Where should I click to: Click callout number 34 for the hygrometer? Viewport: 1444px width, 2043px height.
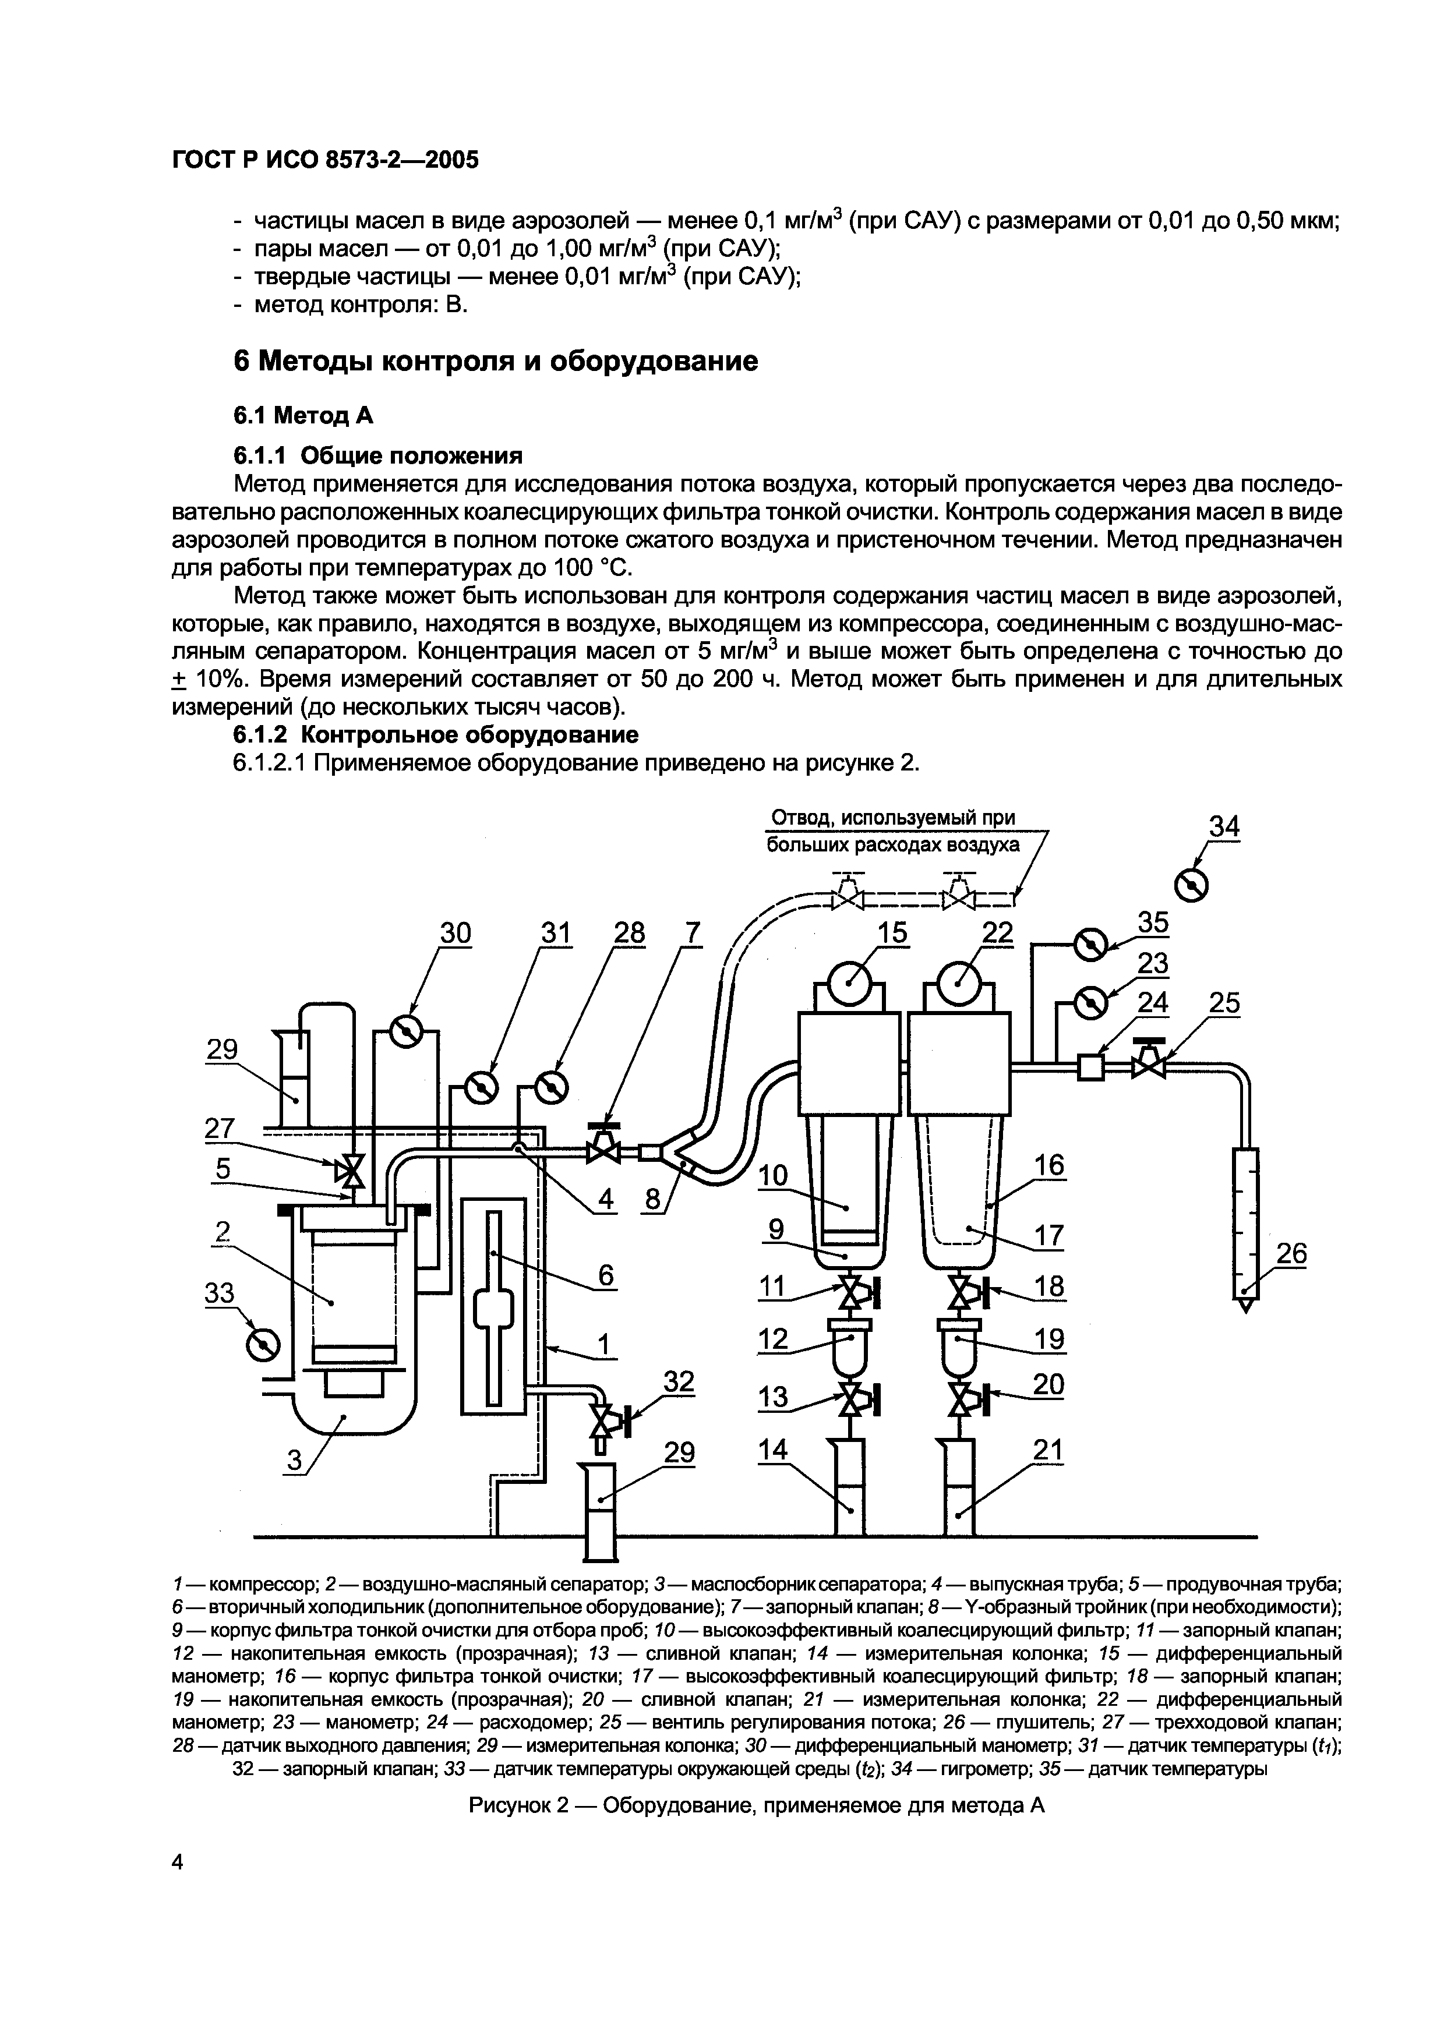tap(1224, 828)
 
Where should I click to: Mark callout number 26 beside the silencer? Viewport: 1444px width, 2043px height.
tap(1291, 1254)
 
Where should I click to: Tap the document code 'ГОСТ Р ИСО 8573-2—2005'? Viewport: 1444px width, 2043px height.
tap(325, 160)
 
